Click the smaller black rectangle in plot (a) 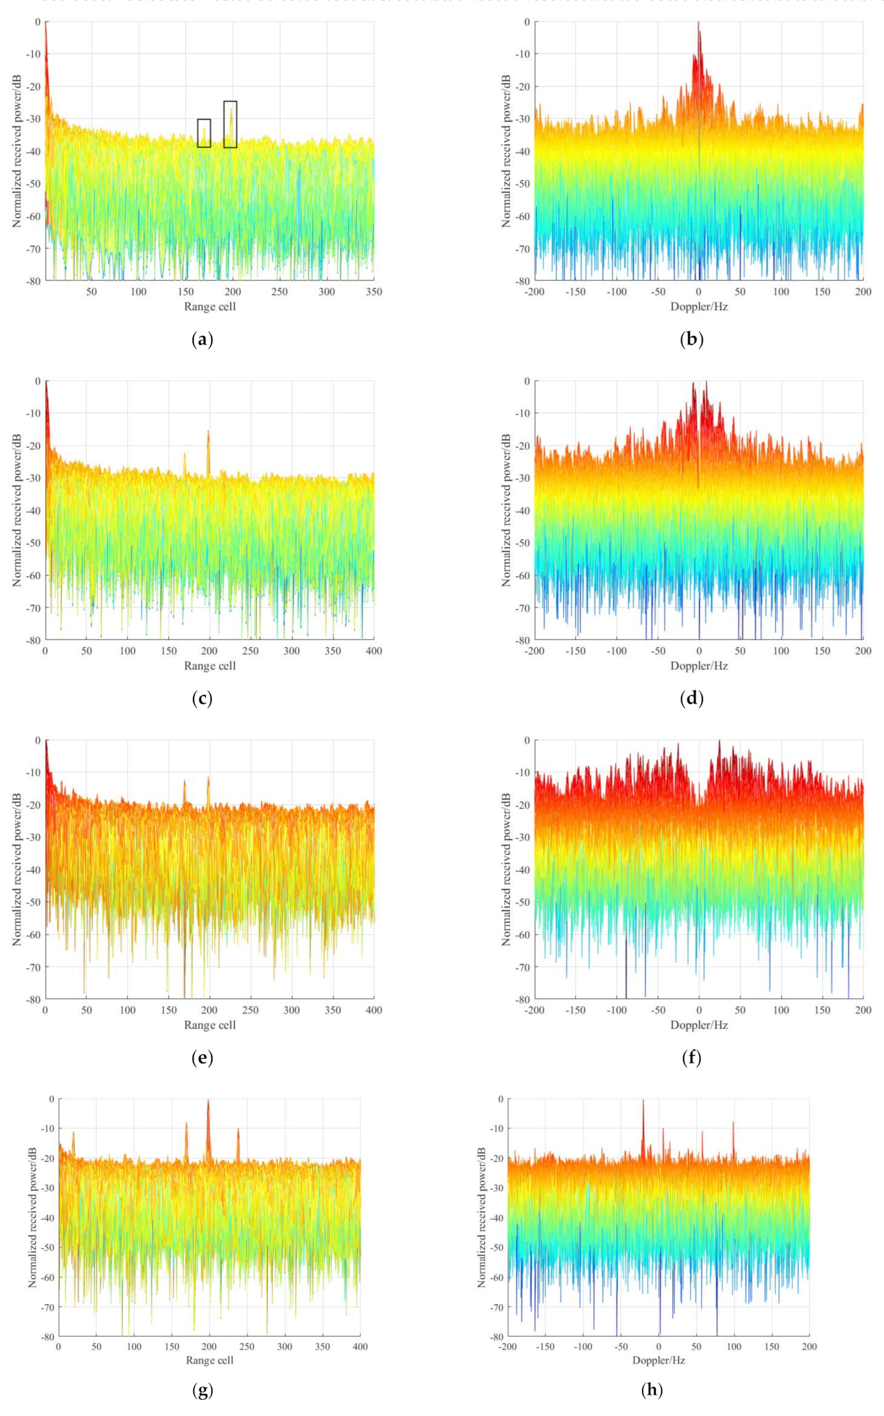204,133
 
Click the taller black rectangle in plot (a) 230,124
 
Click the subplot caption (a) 202,340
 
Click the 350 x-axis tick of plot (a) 374,291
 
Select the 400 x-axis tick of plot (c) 374,651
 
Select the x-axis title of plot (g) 209,1360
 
